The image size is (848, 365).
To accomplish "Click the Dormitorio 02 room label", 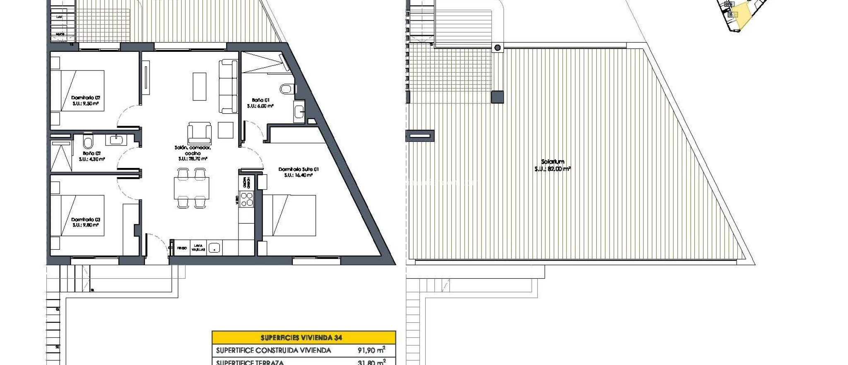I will click(x=86, y=101).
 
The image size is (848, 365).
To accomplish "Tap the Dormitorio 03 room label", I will click(x=86, y=222).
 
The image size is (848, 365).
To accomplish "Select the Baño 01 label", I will click(x=260, y=103).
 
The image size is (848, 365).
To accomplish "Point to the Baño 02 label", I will click(x=92, y=156).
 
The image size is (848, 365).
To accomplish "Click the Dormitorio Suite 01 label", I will click(x=298, y=172).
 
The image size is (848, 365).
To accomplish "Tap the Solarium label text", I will click(x=552, y=165).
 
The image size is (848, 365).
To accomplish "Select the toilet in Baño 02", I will click(x=88, y=142).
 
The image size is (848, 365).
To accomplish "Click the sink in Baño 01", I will click(x=299, y=112).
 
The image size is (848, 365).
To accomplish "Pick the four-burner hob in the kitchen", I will click(x=247, y=200).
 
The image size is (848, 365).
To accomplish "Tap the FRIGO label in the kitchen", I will click(x=182, y=248).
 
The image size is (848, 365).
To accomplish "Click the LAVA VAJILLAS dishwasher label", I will click(x=198, y=248).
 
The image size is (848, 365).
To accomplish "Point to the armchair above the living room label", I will click(x=199, y=133).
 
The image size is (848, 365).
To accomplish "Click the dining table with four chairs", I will click(x=191, y=188).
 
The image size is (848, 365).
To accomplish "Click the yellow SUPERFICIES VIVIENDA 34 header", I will click(x=304, y=337).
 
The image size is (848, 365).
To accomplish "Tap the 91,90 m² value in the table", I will click(x=371, y=350).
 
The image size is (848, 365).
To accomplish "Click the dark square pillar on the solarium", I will click(x=497, y=97).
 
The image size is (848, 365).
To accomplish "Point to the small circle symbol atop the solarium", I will click(x=497, y=48).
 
